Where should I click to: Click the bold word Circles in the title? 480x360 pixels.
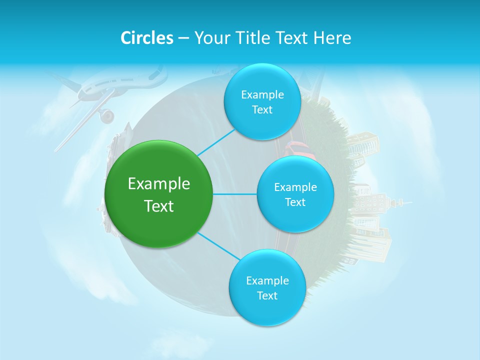point(147,38)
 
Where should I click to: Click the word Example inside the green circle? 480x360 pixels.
point(159,184)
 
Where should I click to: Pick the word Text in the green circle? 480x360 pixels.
point(159,206)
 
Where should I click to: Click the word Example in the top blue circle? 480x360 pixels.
point(262,95)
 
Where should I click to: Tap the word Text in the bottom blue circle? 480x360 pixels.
point(267,295)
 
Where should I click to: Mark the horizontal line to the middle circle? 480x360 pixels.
point(235,194)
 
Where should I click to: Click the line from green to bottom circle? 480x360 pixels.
point(218,246)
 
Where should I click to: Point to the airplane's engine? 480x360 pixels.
point(106,116)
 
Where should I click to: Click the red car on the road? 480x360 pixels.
point(297,148)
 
